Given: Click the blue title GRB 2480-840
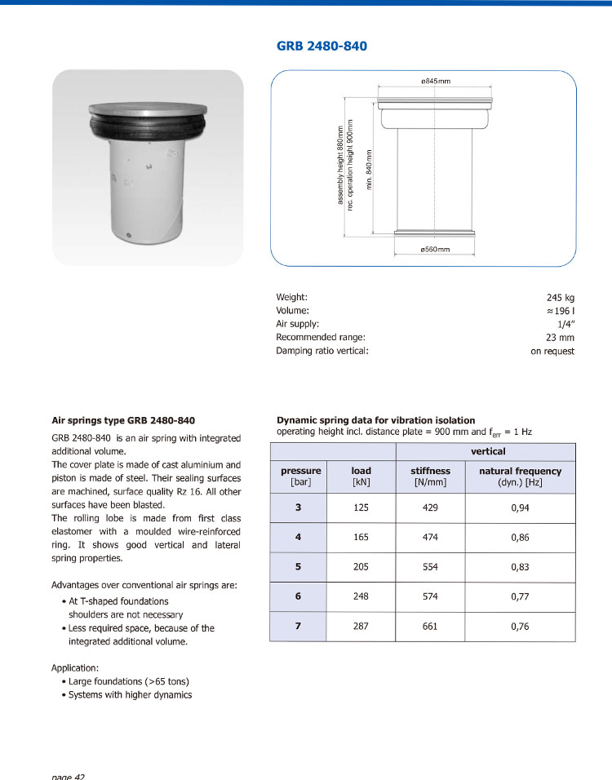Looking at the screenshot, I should [x=322, y=46].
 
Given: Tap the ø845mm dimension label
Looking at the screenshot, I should [x=435, y=81].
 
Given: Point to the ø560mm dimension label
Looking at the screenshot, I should [x=435, y=248].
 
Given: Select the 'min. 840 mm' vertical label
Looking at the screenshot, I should [x=369, y=169].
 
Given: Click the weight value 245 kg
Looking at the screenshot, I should [x=561, y=298].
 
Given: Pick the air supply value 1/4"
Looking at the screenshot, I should [x=565, y=324].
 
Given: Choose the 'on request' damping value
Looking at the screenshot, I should [x=552, y=351].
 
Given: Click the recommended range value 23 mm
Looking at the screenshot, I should [x=560, y=337].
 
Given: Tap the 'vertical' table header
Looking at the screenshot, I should [x=487, y=451].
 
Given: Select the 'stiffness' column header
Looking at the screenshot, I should [x=430, y=471].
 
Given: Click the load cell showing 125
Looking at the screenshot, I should [x=361, y=507].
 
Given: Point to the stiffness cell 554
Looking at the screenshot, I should [x=430, y=566].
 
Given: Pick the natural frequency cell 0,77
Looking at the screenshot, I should [x=520, y=596].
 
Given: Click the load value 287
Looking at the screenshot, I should [x=361, y=626].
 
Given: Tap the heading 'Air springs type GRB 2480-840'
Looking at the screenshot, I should [x=123, y=421].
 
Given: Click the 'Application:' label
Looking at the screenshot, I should [x=75, y=667].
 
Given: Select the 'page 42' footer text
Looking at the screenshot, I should [x=68, y=776].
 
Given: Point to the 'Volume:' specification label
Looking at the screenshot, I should [x=293, y=311].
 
